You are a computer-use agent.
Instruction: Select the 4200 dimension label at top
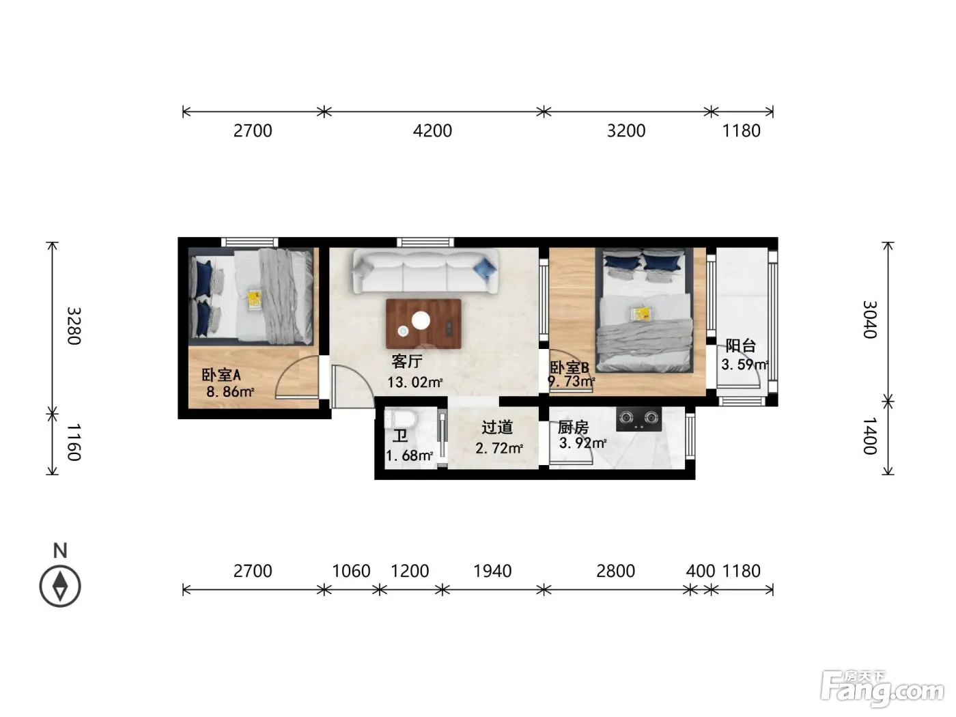[432, 130]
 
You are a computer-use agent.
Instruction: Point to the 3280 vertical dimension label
[74, 326]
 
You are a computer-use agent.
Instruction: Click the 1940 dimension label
[492, 571]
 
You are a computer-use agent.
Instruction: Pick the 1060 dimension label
[351, 571]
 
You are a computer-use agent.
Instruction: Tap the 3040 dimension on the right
[870, 320]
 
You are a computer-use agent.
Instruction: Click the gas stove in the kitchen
[638, 419]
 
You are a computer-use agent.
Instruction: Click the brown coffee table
[423, 324]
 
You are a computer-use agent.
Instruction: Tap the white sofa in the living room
[425, 271]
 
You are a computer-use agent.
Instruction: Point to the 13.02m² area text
[414, 382]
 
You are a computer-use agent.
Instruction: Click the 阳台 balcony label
[740, 346]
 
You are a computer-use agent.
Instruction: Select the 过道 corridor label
[497, 427]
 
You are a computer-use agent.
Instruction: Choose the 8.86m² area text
[230, 392]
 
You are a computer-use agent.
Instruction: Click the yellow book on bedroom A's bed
[253, 300]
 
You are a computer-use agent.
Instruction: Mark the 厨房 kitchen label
[573, 427]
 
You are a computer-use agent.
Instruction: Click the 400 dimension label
[701, 571]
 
